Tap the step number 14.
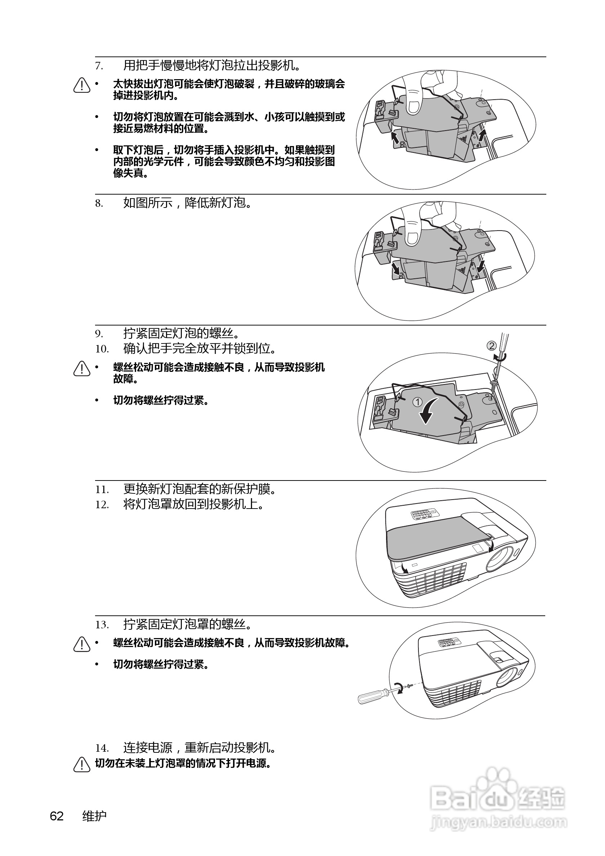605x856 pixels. coord(102,748)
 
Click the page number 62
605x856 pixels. coord(57,816)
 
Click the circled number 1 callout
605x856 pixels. coord(417,402)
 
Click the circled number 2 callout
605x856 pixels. coord(492,346)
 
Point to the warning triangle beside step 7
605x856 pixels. coord(82,85)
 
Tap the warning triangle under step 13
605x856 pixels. coord(82,644)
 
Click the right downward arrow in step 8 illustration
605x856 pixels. coord(481,266)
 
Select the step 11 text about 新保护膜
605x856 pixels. coord(200,489)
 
